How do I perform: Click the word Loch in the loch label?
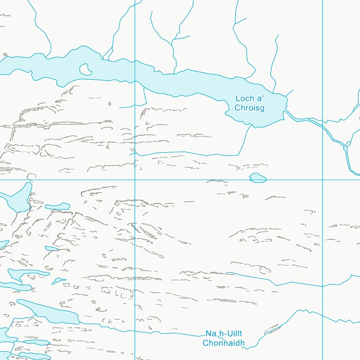tap(244, 98)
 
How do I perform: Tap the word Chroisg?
tap(250, 108)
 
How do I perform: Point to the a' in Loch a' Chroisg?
tap(258, 98)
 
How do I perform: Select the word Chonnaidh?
tap(224, 343)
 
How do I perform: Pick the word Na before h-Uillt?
tap(210, 334)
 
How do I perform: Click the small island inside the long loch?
tap(85, 69)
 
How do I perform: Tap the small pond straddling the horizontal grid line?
tap(258, 178)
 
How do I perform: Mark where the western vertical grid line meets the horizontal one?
tap(135, 180)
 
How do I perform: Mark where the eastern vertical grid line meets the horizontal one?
tap(323, 180)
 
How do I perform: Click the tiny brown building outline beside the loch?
tap(5, 54)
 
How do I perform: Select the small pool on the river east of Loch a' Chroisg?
tap(345, 148)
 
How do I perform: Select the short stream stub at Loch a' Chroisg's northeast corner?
tap(289, 92)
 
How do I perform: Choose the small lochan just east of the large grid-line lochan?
tap(58, 206)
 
